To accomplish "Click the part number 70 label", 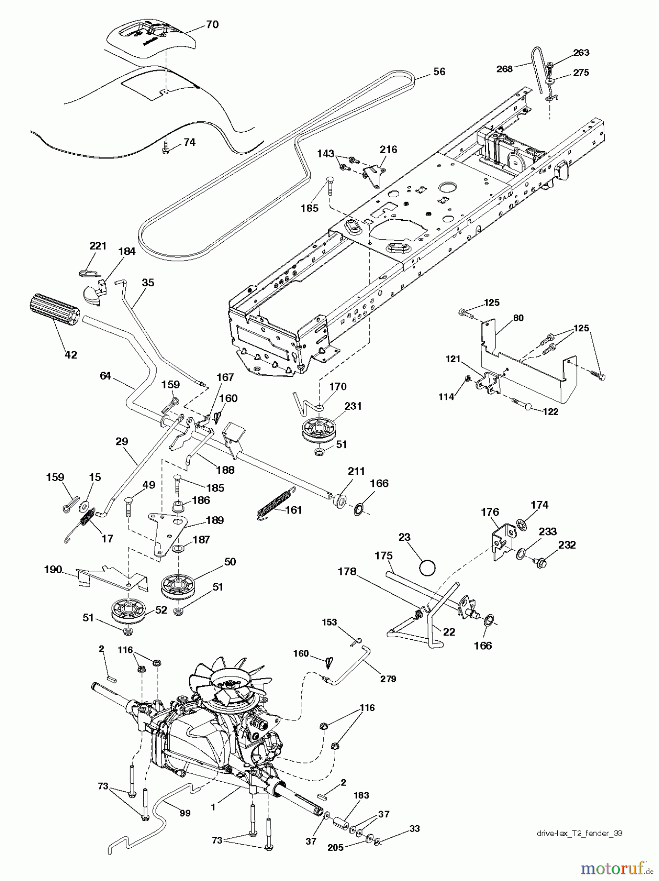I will (x=212, y=24).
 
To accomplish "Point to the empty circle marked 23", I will (x=427, y=568).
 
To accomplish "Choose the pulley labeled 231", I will (x=318, y=428).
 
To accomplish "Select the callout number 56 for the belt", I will (x=439, y=71).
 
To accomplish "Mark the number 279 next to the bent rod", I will (x=388, y=678).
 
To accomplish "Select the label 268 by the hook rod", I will (x=504, y=69).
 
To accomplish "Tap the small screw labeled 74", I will (x=166, y=146).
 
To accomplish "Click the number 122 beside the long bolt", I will (x=550, y=412).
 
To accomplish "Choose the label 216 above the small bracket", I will (x=388, y=149).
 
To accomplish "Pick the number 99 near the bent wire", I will (x=185, y=813).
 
